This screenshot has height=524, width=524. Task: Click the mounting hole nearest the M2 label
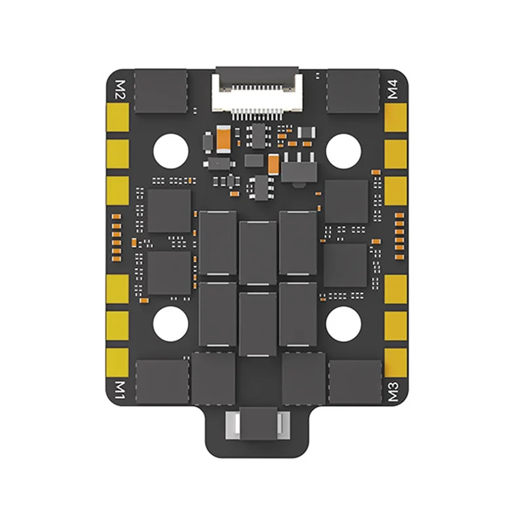tap(171, 149)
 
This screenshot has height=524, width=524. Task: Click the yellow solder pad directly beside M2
tap(118, 118)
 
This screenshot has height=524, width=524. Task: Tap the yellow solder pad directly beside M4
tap(396, 118)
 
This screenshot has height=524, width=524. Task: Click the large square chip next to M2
tap(160, 92)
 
